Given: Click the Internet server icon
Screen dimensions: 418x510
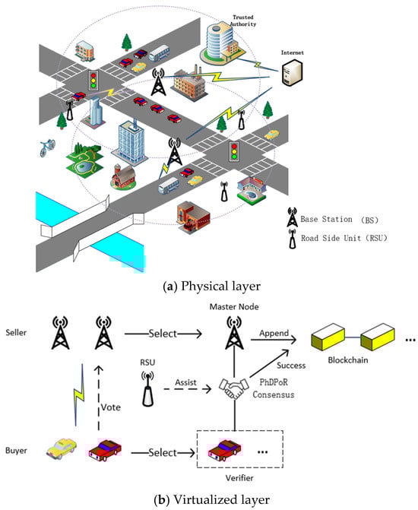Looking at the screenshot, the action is coord(292,72).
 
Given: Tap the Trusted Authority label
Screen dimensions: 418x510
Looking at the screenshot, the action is coord(243,21).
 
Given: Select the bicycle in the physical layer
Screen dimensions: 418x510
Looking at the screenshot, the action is coord(47,147).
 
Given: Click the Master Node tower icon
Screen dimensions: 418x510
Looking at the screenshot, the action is coord(234,333).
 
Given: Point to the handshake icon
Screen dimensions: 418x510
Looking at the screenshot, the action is coord(234,388).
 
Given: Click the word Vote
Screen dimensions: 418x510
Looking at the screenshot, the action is coord(111,407).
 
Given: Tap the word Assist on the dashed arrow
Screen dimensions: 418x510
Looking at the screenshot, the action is coord(185,382).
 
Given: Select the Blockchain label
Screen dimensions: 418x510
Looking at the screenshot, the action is coord(348,360).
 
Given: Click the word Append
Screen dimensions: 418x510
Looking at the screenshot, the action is coord(274,334).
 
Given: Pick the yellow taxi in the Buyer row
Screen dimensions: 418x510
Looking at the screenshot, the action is coord(62,448).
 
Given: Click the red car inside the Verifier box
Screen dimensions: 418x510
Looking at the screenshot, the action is coord(225,450).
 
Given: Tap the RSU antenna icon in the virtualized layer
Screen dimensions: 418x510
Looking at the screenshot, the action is coord(147,389).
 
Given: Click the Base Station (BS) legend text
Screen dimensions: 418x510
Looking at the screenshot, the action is coord(339,220).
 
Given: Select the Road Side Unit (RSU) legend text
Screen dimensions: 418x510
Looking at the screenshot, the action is coord(344,238).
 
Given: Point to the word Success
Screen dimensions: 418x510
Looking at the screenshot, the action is coord(291,366).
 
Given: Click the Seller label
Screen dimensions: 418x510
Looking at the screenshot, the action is coord(16,332).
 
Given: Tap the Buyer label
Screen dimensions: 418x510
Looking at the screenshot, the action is coord(16,451).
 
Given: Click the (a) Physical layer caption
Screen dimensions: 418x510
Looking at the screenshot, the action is coord(211,287).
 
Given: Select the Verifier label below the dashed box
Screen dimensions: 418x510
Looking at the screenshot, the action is coord(239,478).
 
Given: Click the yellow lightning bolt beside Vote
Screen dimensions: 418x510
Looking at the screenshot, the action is coord(78,394).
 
